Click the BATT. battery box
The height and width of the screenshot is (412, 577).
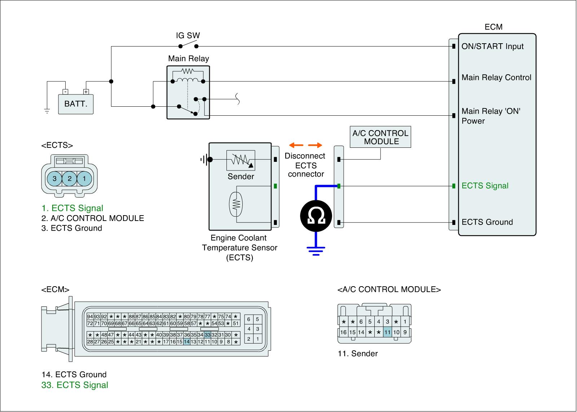point(76,104)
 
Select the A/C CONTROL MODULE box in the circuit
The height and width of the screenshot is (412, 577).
point(380,137)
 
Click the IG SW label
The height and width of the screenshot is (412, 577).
point(188,36)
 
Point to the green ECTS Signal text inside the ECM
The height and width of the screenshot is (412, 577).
point(485,186)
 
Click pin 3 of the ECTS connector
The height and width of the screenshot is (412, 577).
point(54,178)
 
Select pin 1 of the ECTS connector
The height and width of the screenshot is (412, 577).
point(84,178)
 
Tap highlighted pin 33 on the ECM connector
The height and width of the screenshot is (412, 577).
point(207,335)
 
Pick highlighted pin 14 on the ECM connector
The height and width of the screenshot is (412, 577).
point(186,342)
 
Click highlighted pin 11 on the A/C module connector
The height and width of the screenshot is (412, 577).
point(387,332)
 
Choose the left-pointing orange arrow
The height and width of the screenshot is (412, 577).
point(296,145)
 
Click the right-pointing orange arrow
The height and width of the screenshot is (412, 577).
point(315,145)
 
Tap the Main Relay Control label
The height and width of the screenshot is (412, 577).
point(496,78)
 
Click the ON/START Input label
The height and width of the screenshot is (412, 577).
point(492,46)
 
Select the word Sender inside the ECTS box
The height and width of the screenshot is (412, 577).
point(241,177)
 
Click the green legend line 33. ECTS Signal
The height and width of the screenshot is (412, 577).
point(75,385)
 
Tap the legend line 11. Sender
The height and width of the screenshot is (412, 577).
point(358,354)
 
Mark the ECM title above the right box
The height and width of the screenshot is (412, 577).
point(493,27)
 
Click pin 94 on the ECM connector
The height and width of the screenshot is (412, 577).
point(90,316)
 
